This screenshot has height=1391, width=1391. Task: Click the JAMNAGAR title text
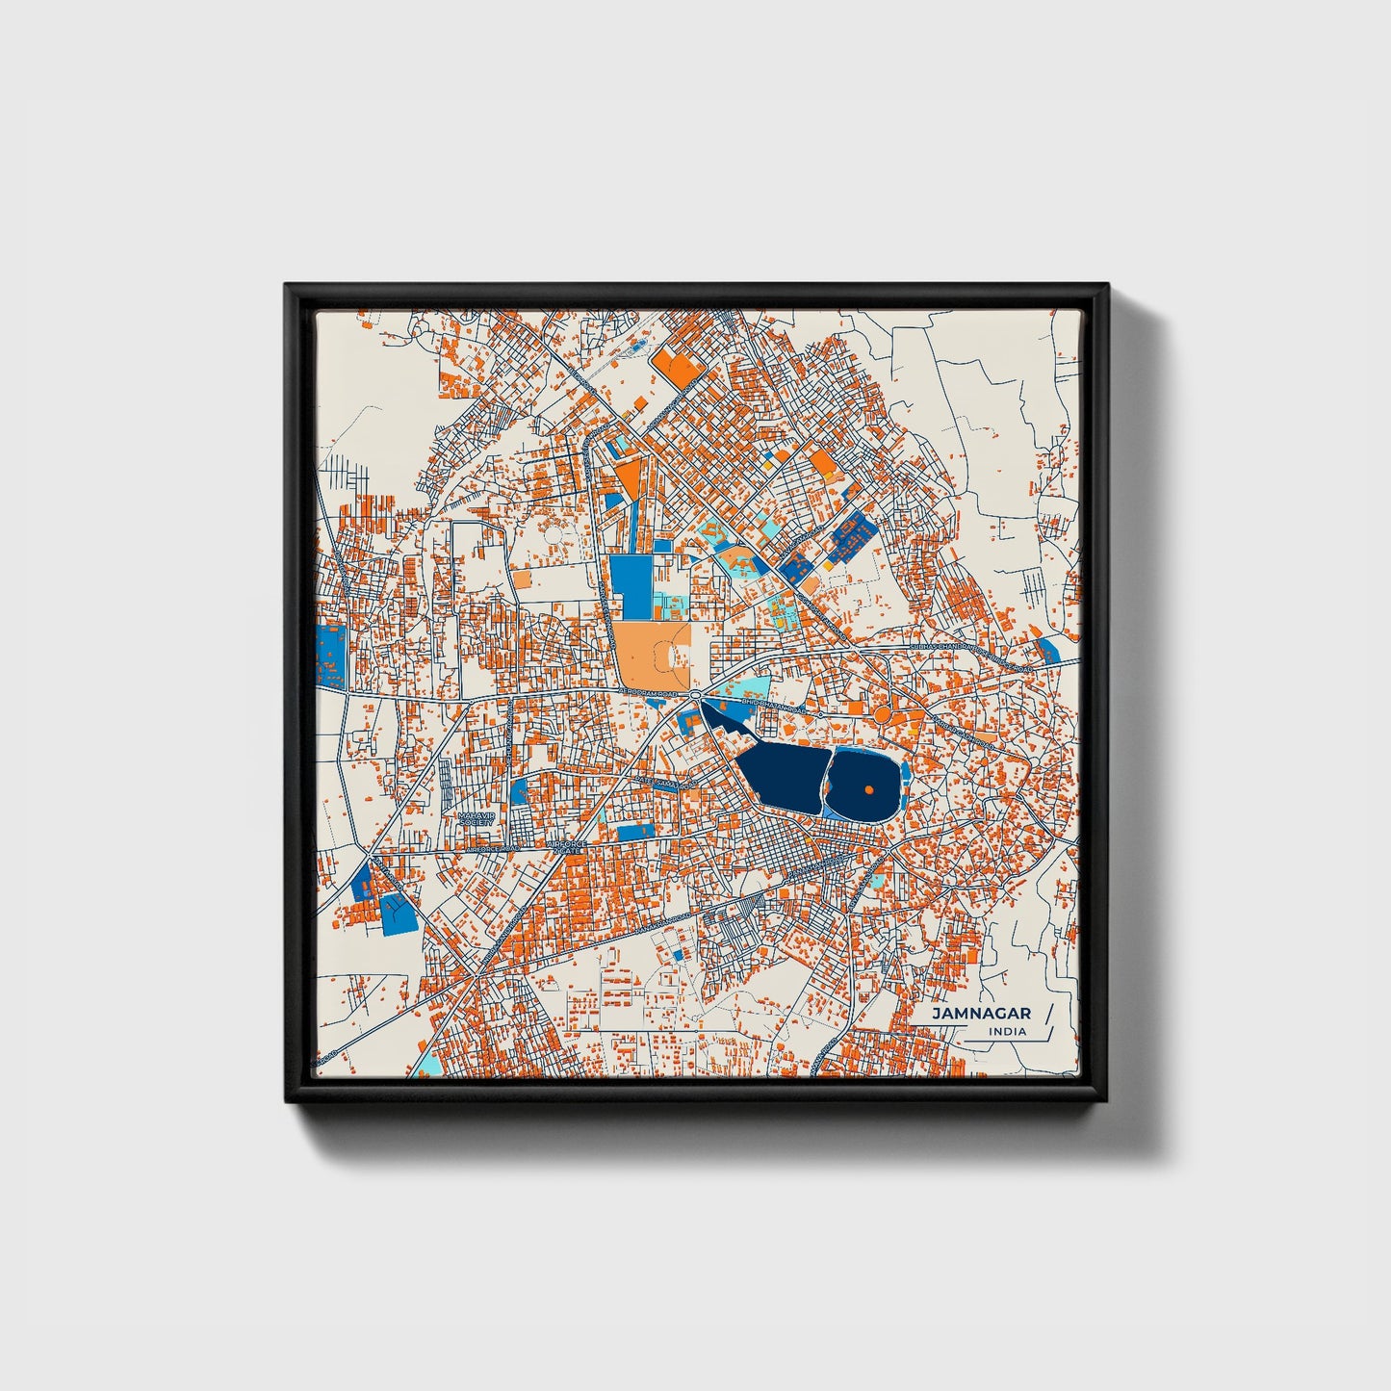coord(981,1013)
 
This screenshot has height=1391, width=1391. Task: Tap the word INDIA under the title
coord(1007,1031)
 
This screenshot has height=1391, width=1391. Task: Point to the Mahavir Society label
coord(476,818)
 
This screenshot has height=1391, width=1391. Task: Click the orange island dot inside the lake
coord(868,789)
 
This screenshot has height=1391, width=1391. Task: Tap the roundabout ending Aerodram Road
coord(695,694)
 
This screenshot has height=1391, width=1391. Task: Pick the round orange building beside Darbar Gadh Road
coord(881,714)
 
